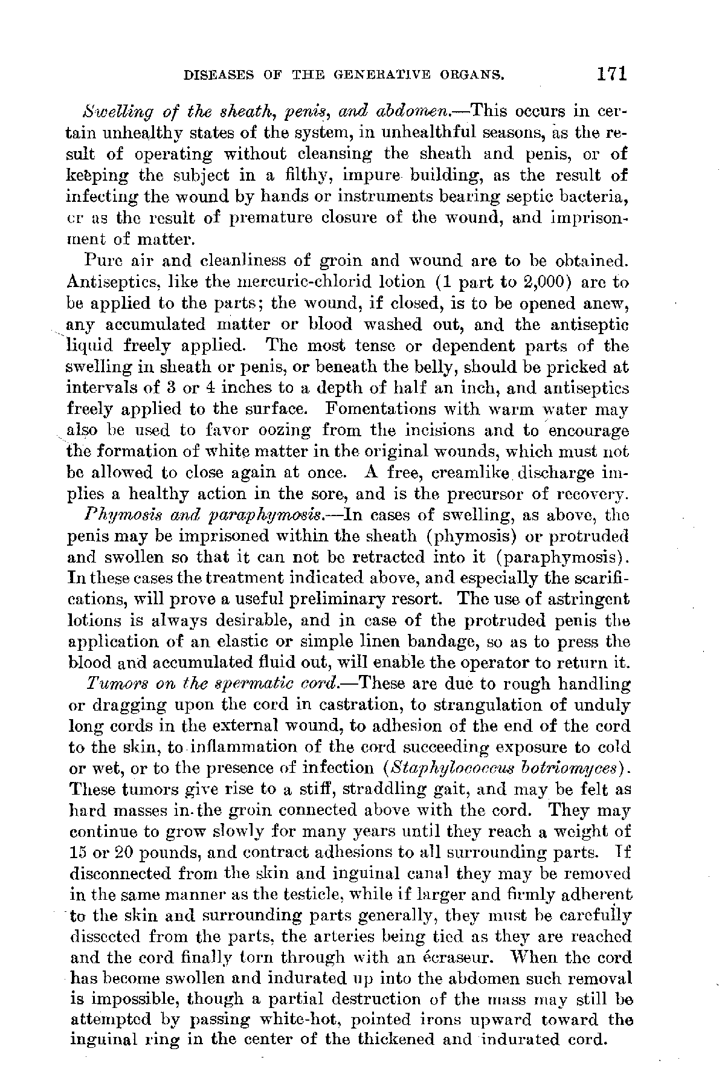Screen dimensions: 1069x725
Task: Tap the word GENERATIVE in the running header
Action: coord(374,76)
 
